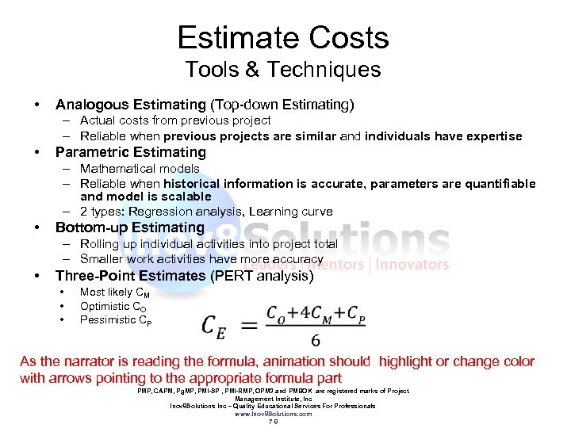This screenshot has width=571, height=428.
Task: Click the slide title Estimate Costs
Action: pos(283,38)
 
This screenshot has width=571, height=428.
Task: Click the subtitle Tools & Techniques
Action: pos(283,70)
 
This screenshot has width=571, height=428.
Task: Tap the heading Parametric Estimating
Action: pos(130,152)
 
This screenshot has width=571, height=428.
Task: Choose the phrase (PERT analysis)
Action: pos(262,276)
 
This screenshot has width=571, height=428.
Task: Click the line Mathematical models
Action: pos(140,169)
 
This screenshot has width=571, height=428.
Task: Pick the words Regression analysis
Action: pos(196,212)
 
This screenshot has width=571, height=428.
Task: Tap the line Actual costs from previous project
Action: pos(175,120)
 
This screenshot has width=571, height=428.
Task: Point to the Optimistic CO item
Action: pos(111,306)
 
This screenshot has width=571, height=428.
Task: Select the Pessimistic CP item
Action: pos(116,320)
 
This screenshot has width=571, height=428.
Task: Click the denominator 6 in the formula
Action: pos(316,340)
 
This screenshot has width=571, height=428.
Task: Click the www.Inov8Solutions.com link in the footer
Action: pos(274,414)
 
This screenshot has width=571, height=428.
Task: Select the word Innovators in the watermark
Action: pos(412,265)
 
